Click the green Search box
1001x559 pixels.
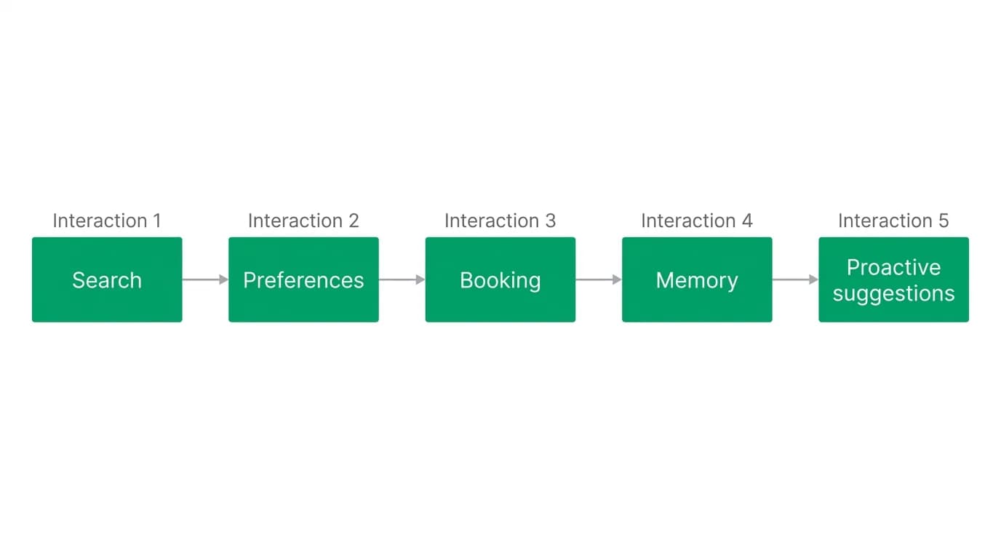(107, 279)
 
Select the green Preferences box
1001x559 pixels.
(303, 279)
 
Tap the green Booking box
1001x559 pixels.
(500, 279)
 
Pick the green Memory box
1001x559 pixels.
(697, 279)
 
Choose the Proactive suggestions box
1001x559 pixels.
(894, 279)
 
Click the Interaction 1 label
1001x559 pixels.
(107, 221)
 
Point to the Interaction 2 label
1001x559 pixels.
(303, 221)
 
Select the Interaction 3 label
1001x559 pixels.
(500, 221)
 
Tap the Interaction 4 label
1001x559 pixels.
(697, 221)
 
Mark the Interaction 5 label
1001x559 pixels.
(893, 221)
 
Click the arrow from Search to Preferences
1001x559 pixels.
(206, 279)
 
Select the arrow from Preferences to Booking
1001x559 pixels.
(402, 279)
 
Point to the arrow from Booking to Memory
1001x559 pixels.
(599, 279)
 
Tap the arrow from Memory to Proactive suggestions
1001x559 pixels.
(795, 279)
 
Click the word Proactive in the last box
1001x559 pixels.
(894, 267)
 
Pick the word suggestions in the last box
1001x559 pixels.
(894, 294)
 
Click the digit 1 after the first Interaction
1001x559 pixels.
(157, 221)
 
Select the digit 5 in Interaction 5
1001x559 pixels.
(944, 221)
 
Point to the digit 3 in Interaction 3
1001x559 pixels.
(551, 221)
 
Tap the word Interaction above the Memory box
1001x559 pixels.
(689, 221)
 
